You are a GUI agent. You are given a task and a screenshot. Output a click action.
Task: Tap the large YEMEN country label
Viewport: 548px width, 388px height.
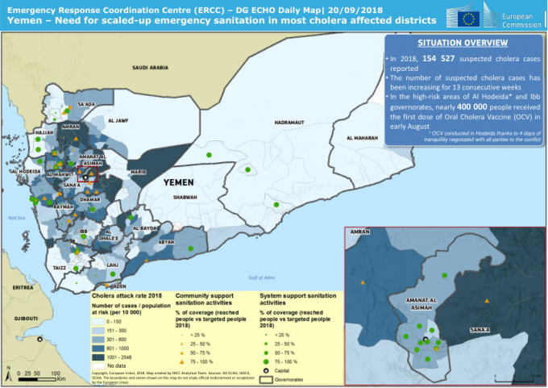click(x=178, y=182)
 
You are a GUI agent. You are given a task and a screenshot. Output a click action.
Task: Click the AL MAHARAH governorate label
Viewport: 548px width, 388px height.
click(x=361, y=139)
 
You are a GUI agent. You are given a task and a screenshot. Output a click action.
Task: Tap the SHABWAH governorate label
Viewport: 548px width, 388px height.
click(x=185, y=196)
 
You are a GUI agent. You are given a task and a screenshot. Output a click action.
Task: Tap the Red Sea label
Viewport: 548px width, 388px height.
click(x=17, y=218)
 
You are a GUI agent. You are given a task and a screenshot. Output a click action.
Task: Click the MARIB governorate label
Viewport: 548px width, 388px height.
click(x=138, y=172)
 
